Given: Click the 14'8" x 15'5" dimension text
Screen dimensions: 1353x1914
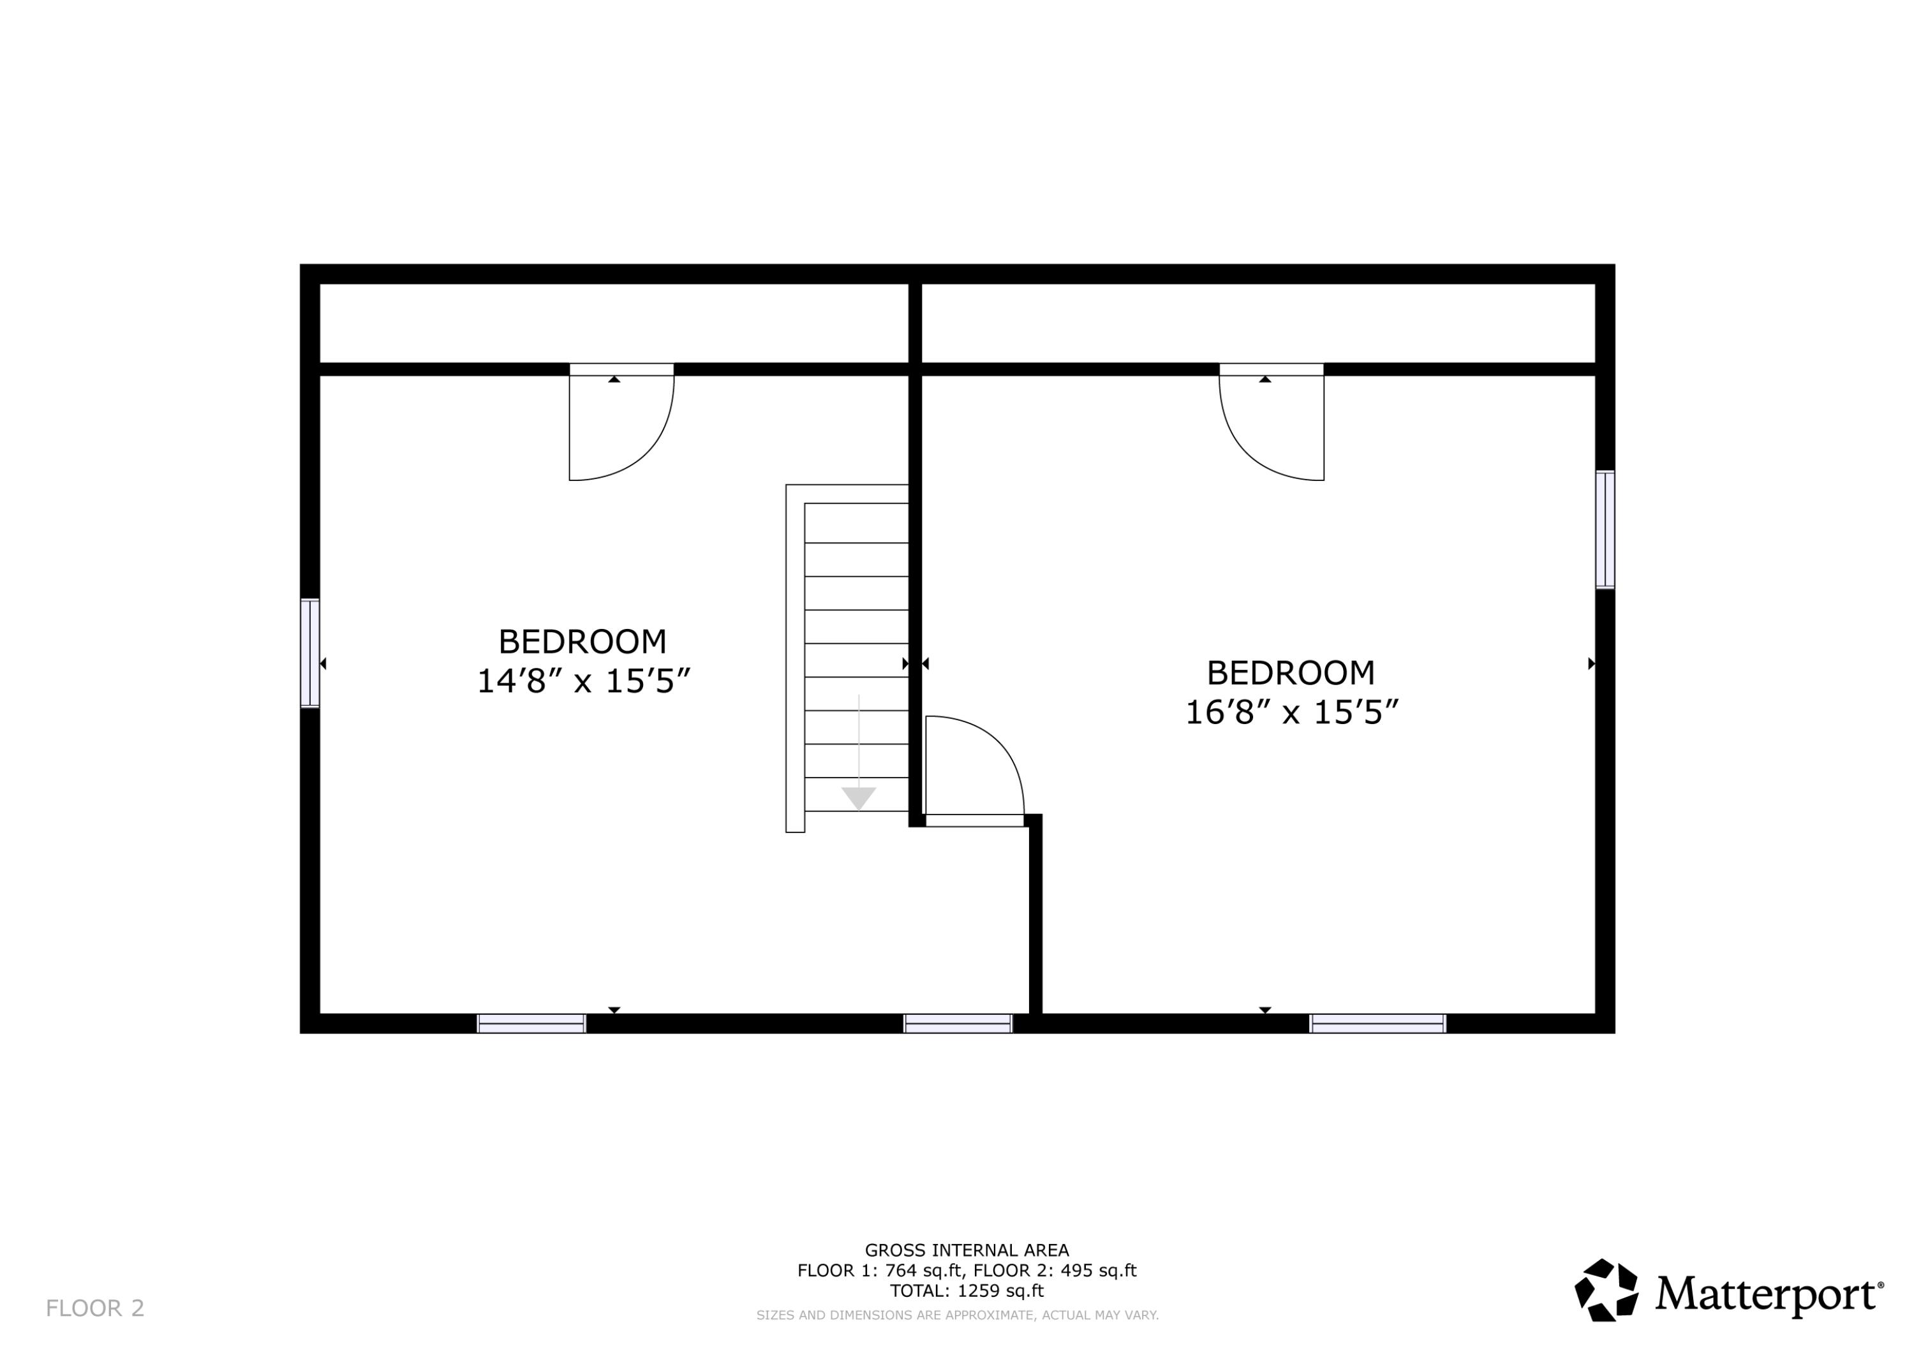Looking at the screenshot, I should (x=584, y=682).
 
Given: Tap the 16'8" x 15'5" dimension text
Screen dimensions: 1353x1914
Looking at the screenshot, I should (x=1291, y=713).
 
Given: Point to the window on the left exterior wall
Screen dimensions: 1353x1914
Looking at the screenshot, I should (x=310, y=653).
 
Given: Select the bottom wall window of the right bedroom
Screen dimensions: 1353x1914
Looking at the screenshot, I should (x=1377, y=1024).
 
